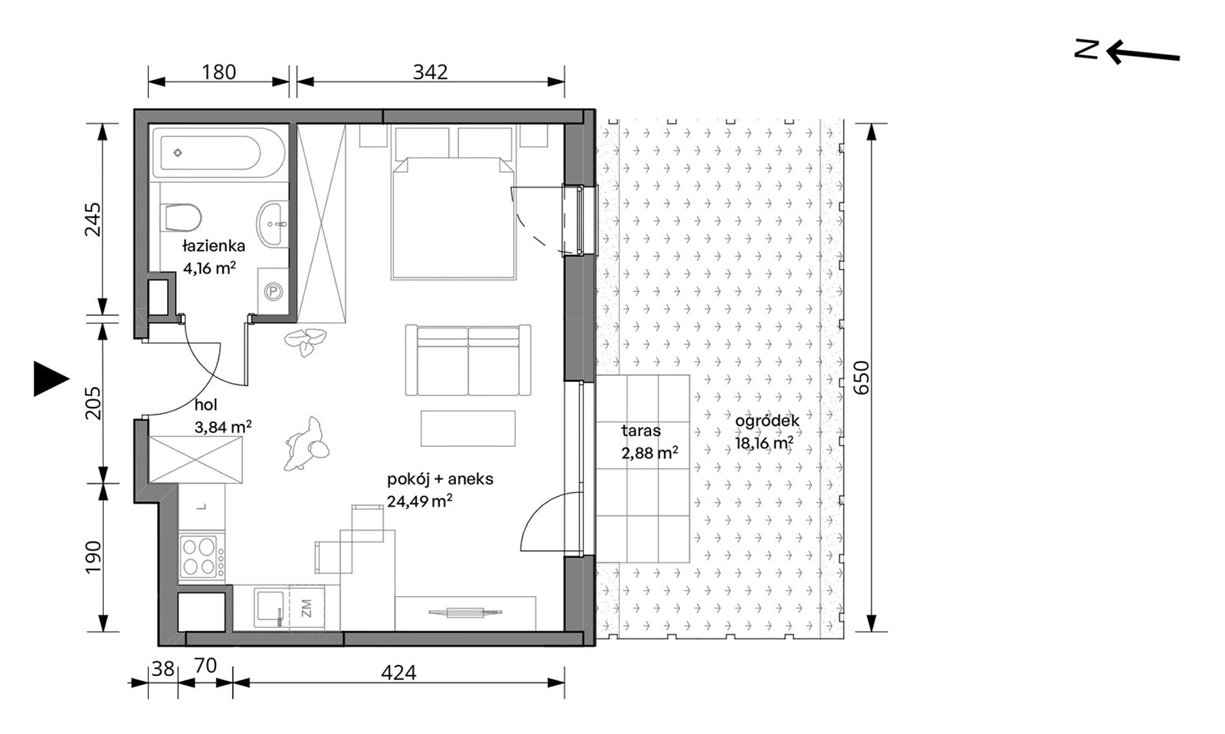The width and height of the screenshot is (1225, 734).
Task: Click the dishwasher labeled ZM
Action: point(307,608)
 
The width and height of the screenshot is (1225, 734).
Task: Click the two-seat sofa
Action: point(468,360)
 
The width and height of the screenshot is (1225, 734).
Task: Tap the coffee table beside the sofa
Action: point(468,428)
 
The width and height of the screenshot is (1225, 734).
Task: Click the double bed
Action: point(454,218)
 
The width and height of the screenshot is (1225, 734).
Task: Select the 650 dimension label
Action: point(862,378)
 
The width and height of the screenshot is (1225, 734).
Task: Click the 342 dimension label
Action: point(430,72)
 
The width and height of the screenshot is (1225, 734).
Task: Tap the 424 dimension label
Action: point(398,673)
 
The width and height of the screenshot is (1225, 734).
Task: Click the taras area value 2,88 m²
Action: point(649,453)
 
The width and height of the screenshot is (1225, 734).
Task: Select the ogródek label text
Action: point(767,421)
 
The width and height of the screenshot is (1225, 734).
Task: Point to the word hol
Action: point(206,405)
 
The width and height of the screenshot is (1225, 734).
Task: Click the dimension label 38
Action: point(163,669)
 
